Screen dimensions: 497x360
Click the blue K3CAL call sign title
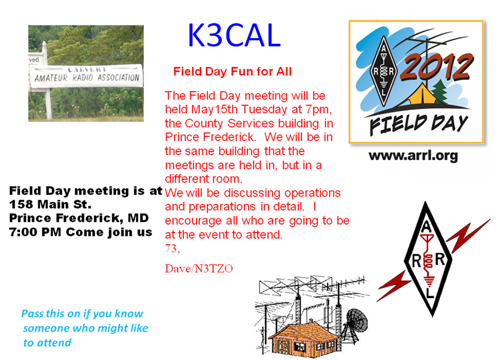[x=234, y=35]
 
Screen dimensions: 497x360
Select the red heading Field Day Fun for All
[x=232, y=71]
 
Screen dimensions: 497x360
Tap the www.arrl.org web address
[x=413, y=156]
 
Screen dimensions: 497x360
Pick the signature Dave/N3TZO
[x=199, y=268]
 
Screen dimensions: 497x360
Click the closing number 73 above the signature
[x=172, y=249]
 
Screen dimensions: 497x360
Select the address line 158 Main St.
[x=50, y=204]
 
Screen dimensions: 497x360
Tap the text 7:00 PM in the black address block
[x=35, y=232]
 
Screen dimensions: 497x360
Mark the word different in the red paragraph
[x=186, y=179]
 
